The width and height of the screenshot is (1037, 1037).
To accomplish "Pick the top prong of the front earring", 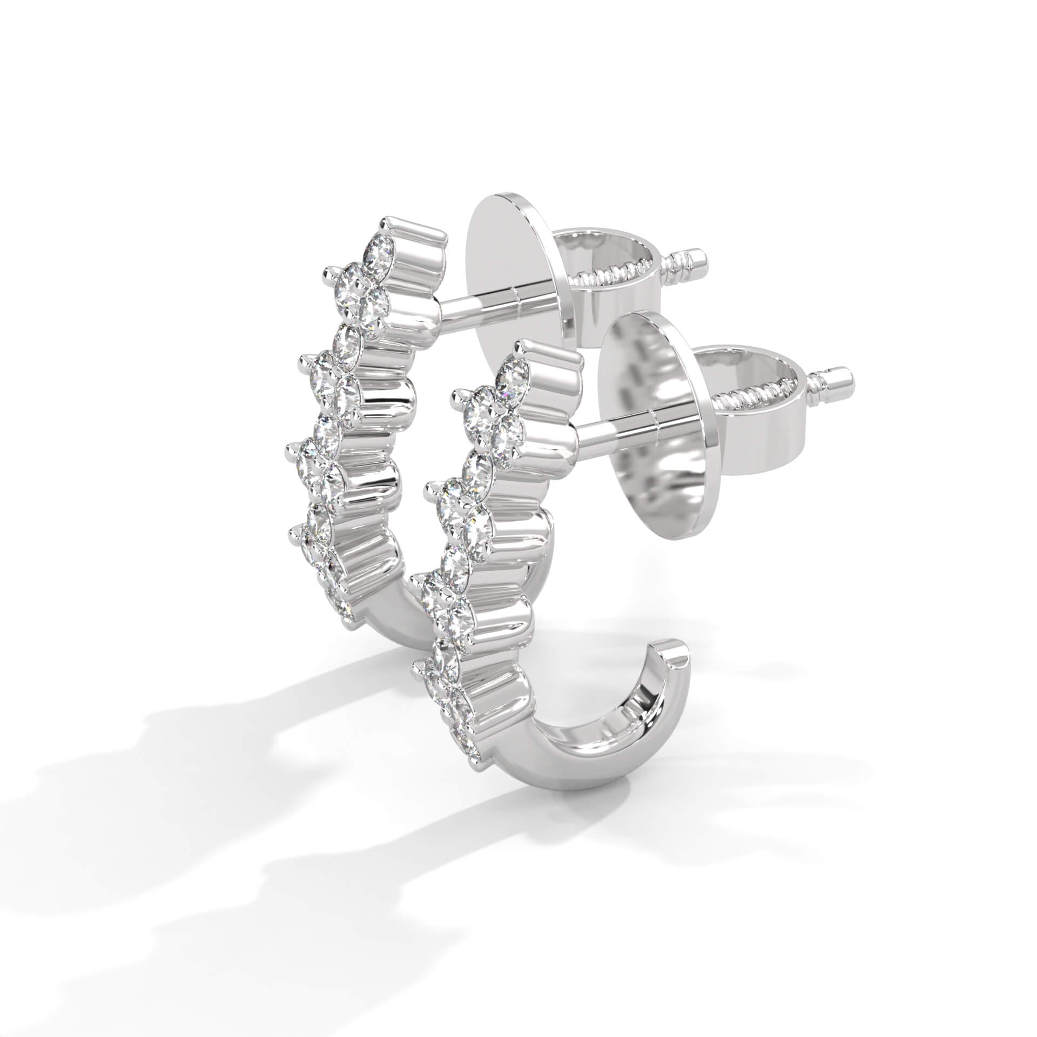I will pos(523,346).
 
